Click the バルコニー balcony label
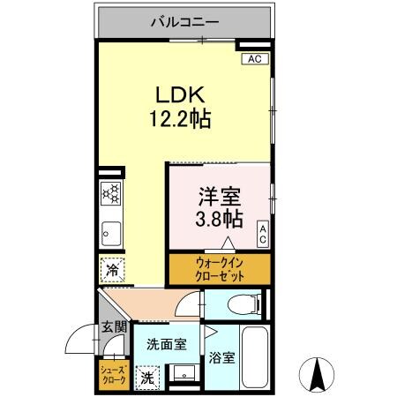[184, 20]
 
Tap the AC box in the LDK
[254, 59]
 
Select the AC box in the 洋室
[263, 234]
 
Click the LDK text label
[181, 94]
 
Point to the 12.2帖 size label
[182, 118]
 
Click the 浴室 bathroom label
[222, 358]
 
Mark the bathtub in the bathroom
[255, 357]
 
